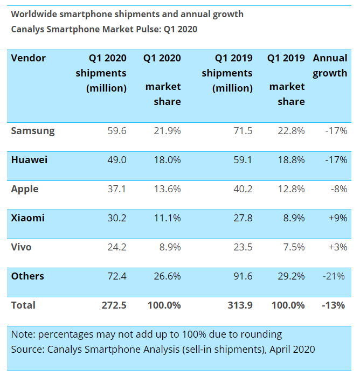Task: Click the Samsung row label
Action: point(33,130)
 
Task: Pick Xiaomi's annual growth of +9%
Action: point(337,218)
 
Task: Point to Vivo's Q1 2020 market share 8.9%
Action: point(167,247)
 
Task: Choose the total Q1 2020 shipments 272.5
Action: point(113,305)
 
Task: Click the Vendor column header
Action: point(29,58)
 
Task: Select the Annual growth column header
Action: point(330,65)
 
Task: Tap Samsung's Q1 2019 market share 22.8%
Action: point(291,130)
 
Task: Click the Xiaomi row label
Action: point(28,218)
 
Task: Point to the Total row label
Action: point(23,305)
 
